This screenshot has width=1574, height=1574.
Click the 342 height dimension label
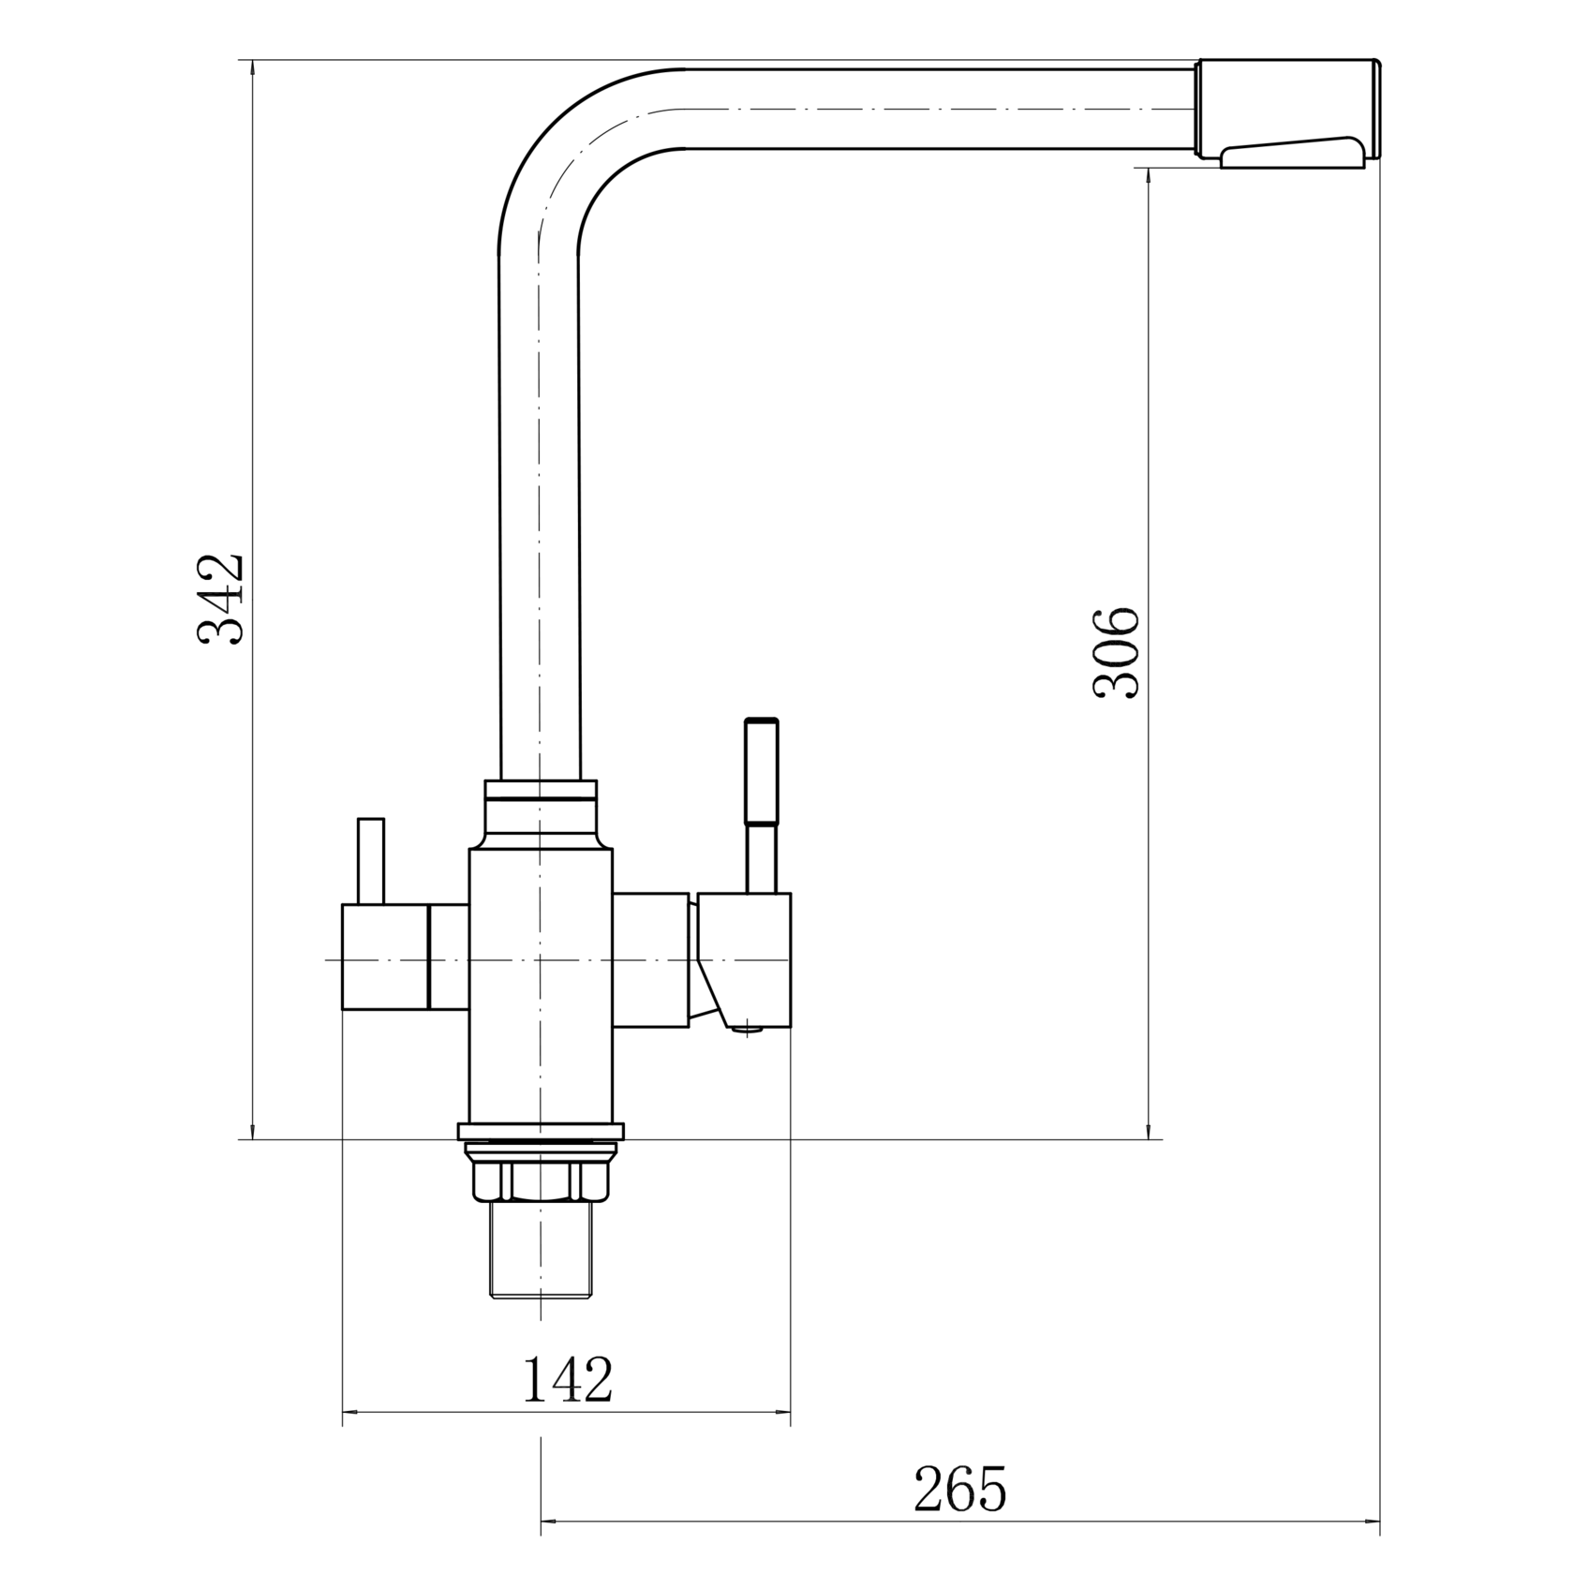221,598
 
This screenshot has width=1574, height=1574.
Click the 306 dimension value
1117,652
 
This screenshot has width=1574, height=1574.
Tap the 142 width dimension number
567,1378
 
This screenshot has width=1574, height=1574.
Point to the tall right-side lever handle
761,805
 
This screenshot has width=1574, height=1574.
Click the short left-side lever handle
371,861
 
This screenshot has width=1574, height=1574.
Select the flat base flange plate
541,1131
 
